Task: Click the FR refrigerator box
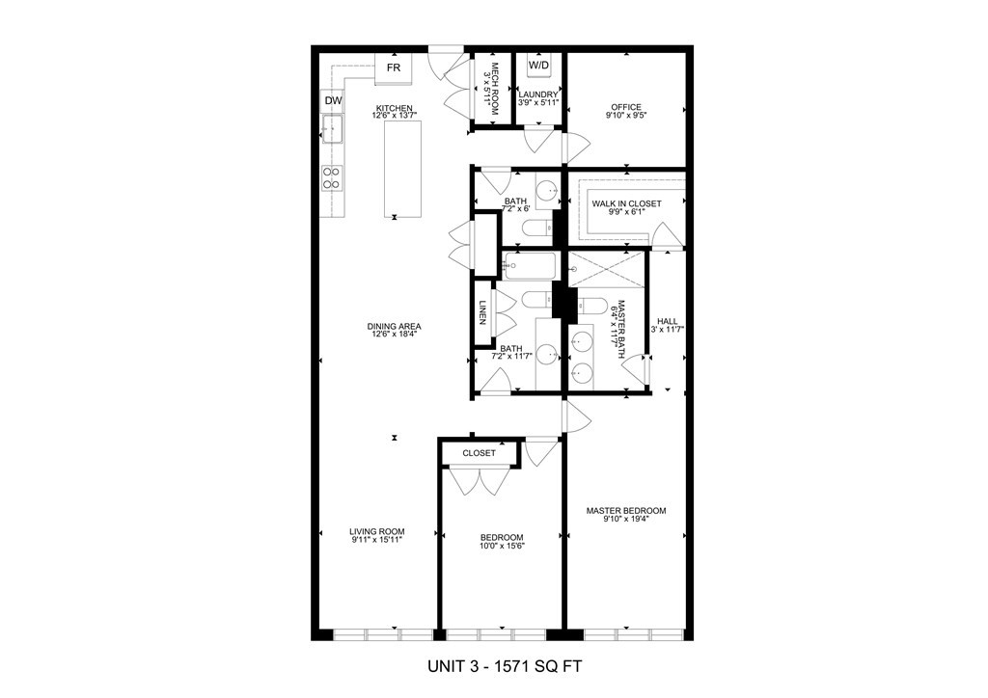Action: [394, 67]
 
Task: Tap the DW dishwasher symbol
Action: [333, 100]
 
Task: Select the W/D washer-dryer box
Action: [538, 65]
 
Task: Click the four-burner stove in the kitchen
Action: [332, 176]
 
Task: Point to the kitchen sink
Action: [332, 129]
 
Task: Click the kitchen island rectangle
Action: [403, 170]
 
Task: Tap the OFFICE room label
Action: [625, 107]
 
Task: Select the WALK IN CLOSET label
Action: [626, 203]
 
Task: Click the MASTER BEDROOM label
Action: [626, 511]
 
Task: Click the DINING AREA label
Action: [394, 326]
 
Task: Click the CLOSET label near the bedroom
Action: [479, 453]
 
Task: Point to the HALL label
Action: [667, 322]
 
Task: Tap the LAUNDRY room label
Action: [537, 94]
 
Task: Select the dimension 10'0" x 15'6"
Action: [502, 547]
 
